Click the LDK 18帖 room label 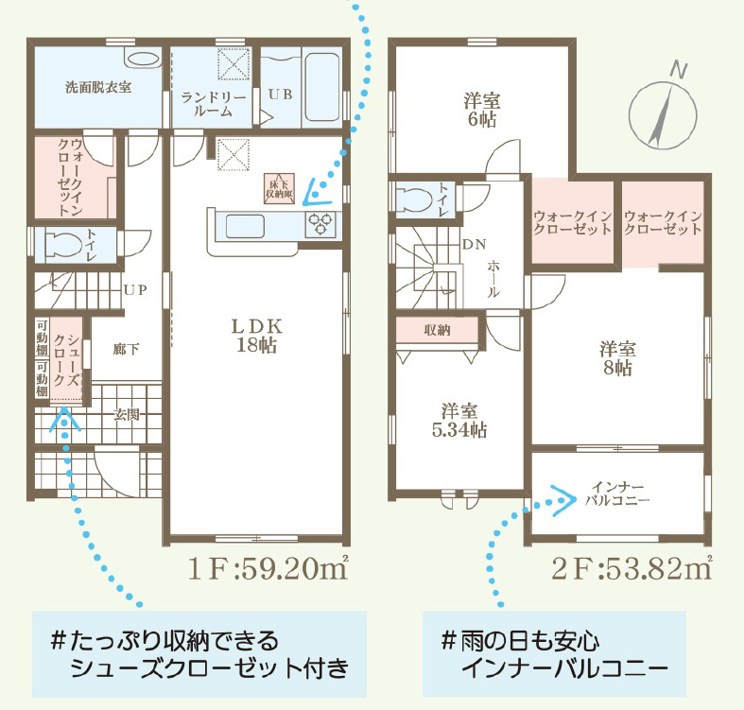click(x=257, y=336)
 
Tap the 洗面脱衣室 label click(x=98, y=87)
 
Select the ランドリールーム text click(x=214, y=104)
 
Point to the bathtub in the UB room click(x=321, y=87)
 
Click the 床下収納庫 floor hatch click(x=279, y=188)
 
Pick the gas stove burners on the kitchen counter click(x=320, y=224)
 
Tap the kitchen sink click(x=245, y=226)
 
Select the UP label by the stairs click(x=135, y=289)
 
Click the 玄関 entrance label click(x=127, y=415)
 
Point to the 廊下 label click(x=127, y=349)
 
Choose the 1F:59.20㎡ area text click(x=268, y=567)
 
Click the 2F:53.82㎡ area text click(x=632, y=567)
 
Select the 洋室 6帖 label click(x=482, y=110)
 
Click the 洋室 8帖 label click(x=617, y=359)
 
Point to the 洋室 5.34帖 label click(x=459, y=421)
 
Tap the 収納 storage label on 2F click(x=437, y=330)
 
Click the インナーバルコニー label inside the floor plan click(x=617, y=494)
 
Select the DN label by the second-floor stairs click(x=475, y=245)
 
